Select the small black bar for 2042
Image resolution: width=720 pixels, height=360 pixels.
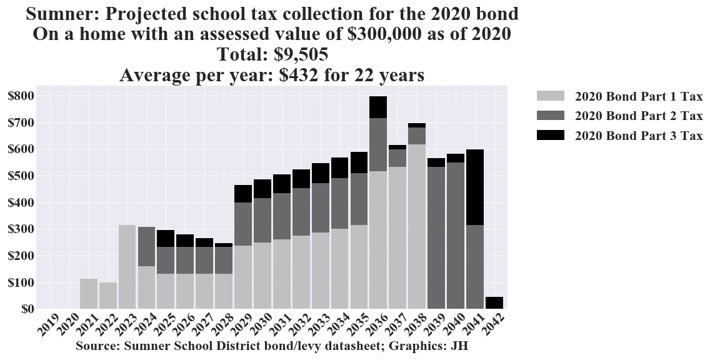pyautogui.click(x=494, y=302)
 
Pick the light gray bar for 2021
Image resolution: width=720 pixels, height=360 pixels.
pyautogui.click(x=89, y=294)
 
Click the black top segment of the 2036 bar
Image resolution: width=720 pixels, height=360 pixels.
pyautogui.click(x=377, y=107)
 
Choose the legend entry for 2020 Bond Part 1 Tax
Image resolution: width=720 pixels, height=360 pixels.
pyautogui.click(x=638, y=96)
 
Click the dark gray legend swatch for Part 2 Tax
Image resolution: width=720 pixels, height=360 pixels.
pyautogui.click(x=550, y=116)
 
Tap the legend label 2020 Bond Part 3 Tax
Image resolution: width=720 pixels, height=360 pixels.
pyautogui.click(x=638, y=136)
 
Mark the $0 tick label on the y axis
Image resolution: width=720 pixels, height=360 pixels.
pyautogui.click(x=26, y=309)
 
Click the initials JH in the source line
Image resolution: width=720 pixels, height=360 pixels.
pyautogui.click(x=459, y=346)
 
